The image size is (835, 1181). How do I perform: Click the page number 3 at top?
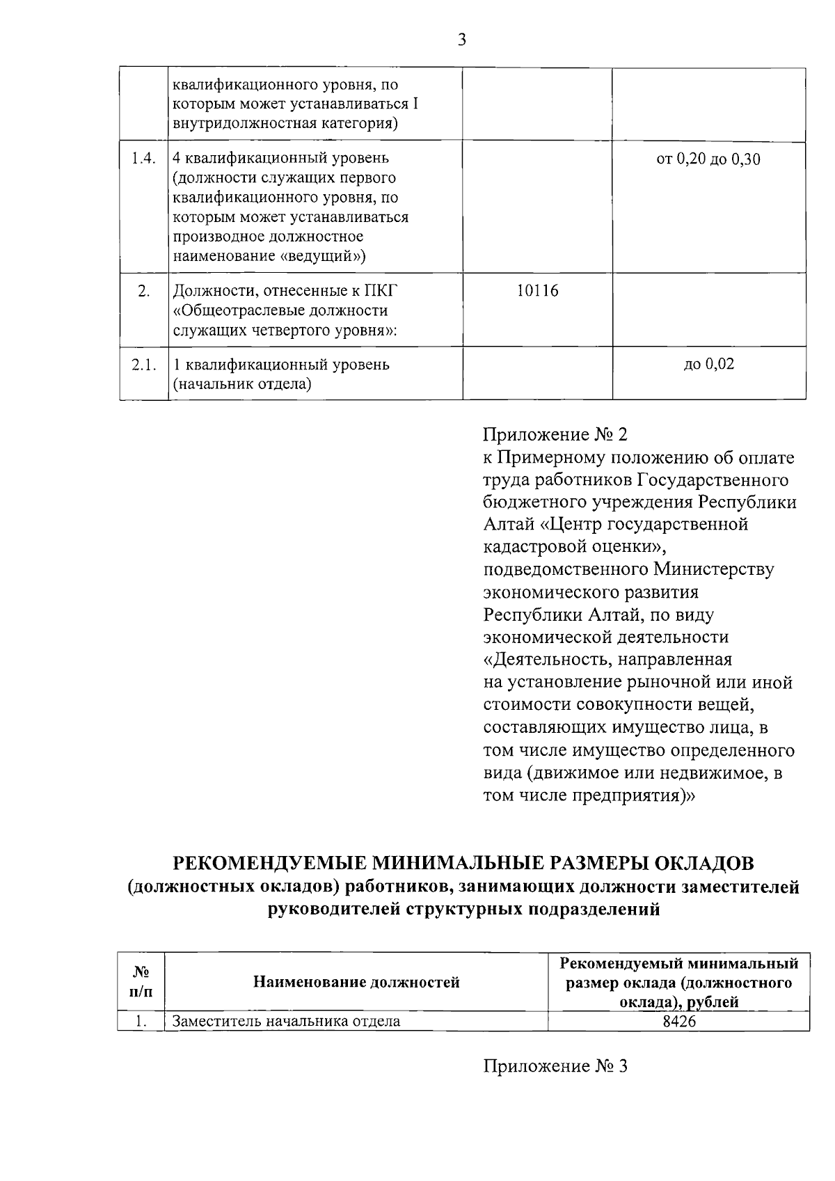(461, 40)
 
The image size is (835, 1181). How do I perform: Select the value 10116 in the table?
(537, 291)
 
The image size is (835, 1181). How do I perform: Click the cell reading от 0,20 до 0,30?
(708, 159)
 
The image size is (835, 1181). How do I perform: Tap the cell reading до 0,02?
(708, 364)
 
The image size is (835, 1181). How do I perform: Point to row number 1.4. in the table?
(143, 159)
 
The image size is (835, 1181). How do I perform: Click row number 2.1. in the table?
(143, 365)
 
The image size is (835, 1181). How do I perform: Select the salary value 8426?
(679, 1022)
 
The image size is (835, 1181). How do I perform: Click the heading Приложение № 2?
(555, 435)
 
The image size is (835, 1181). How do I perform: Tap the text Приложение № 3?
(555, 1066)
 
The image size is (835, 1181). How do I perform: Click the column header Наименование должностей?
(356, 982)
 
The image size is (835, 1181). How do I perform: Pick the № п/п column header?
(141, 982)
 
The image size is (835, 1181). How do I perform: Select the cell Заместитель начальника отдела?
(286, 1022)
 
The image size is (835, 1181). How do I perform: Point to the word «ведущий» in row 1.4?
(323, 256)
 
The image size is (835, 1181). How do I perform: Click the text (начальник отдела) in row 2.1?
(241, 383)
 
